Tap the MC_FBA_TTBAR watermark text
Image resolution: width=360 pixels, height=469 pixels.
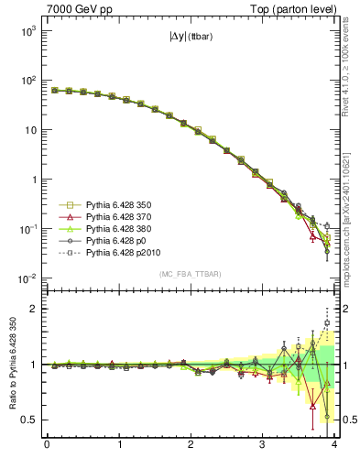click(x=190, y=275)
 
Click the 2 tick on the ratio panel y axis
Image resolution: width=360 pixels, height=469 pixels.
click(x=33, y=309)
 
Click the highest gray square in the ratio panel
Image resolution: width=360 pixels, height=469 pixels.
click(x=327, y=322)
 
